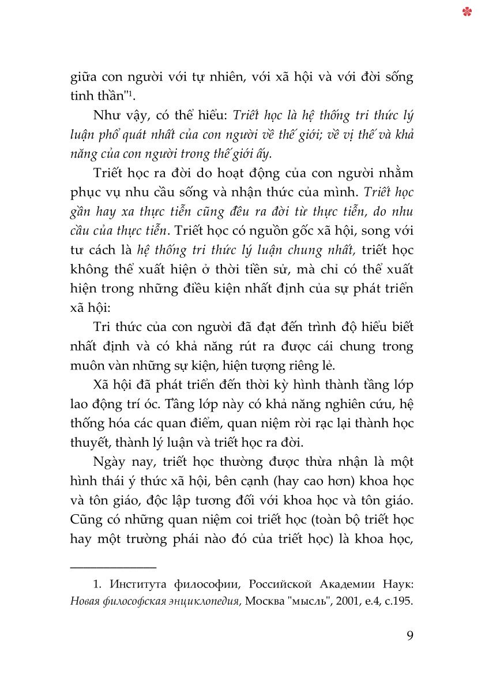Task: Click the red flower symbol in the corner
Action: tap(467, 11)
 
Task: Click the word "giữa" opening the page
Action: tap(84, 77)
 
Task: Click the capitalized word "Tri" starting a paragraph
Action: tap(101, 327)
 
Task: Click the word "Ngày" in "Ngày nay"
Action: tap(110, 462)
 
